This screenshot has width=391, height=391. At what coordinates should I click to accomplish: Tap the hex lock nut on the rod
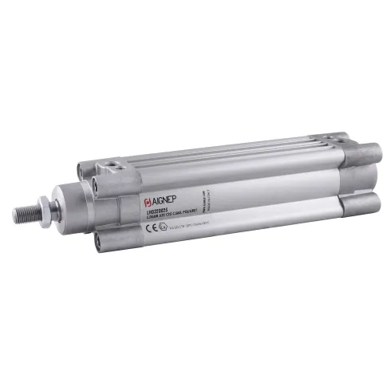click(50, 210)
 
